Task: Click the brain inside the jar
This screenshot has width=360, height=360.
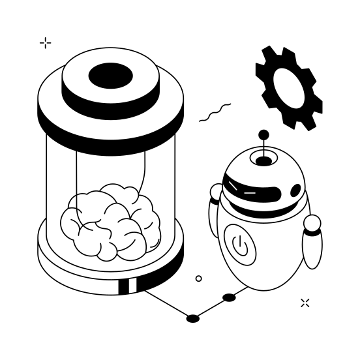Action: pos(111,221)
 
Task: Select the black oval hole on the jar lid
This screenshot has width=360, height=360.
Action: pos(110,77)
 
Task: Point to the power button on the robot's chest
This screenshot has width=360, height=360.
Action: pos(240,246)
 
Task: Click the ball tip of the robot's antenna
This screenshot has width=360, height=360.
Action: pos(263,135)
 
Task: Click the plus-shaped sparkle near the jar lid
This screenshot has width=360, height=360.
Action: pos(45,43)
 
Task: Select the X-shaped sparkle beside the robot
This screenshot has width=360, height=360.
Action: pos(305,303)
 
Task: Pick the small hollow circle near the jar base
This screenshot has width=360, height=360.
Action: pos(198,278)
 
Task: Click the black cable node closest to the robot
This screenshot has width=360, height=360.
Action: pos(229,297)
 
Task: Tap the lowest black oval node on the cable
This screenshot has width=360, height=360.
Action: pos(193,318)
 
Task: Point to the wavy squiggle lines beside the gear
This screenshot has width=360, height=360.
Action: pos(215,113)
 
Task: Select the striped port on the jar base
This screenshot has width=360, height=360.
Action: pos(128,286)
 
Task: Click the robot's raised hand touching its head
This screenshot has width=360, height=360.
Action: pos(217,192)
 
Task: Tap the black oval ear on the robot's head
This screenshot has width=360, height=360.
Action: pos(295,190)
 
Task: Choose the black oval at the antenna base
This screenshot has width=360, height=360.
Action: pos(263,160)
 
